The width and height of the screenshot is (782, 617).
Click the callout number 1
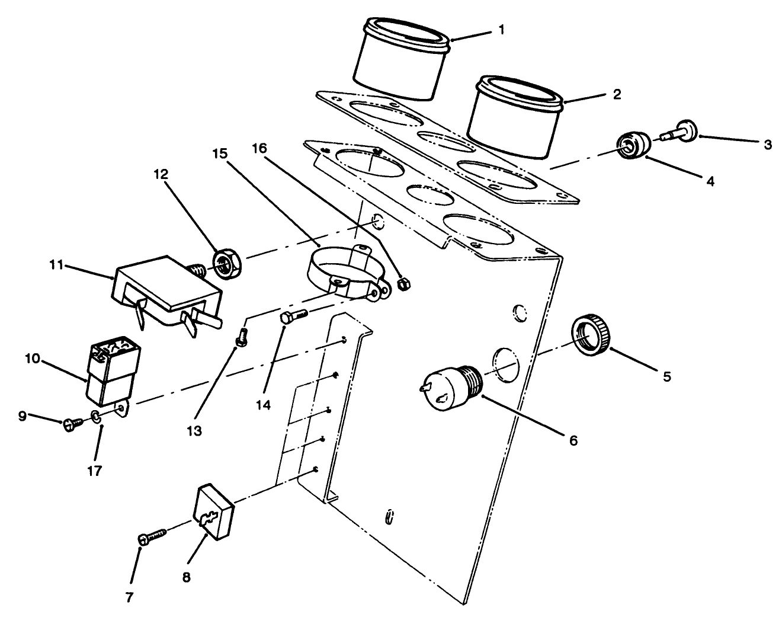tap(501, 30)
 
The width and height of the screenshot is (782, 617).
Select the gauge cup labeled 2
tap(514, 117)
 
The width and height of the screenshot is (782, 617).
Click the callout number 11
tap(56, 264)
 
